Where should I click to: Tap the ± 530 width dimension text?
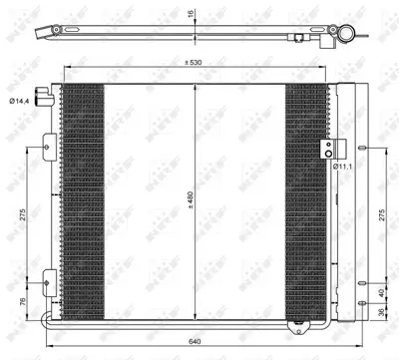tap(195, 62)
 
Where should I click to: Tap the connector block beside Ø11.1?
tap(324, 152)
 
